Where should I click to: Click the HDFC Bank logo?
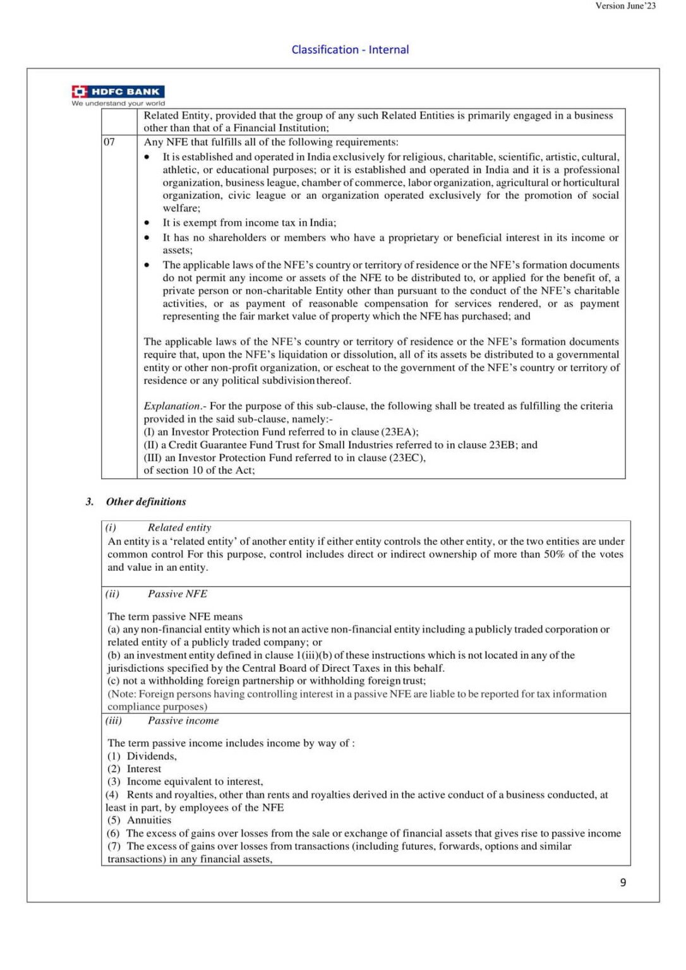point(118,92)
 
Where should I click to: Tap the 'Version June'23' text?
point(625,6)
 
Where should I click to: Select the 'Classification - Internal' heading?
point(350,49)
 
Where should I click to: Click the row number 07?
point(109,142)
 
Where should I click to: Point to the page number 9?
point(623,882)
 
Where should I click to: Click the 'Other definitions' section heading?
point(146,501)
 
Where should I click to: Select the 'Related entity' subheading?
point(179,527)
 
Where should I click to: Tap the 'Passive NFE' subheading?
point(178,594)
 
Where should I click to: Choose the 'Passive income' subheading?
point(183,721)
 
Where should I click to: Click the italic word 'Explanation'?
point(172,406)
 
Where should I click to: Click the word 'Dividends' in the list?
point(151,756)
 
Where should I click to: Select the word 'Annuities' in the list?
point(149,820)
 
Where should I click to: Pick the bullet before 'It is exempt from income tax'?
point(147,223)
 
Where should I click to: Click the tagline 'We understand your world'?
point(118,104)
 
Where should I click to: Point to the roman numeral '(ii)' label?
point(112,594)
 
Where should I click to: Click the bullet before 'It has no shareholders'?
point(147,238)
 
